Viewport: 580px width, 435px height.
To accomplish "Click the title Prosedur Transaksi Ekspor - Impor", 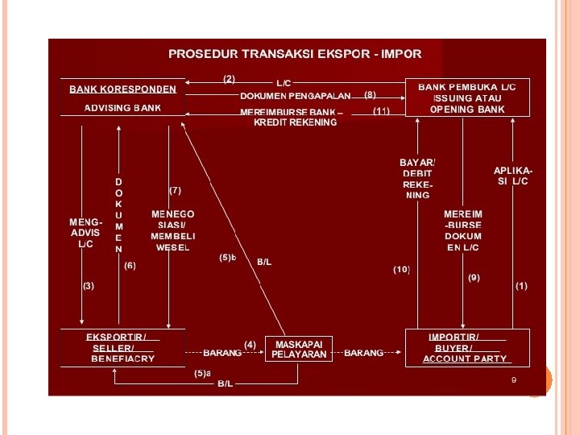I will (x=294, y=54).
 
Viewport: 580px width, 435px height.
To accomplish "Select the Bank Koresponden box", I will (x=122, y=98).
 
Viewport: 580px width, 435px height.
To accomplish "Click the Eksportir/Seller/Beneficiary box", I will (x=122, y=347).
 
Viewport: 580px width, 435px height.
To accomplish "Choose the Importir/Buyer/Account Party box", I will (x=467, y=347).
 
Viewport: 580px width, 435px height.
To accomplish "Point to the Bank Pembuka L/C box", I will (x=467, y=97).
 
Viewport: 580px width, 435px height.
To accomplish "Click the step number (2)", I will (x=230, y=79).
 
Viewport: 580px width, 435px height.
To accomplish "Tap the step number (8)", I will (x=370, y=94).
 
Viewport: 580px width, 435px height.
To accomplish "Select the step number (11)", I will (x=381, y=110).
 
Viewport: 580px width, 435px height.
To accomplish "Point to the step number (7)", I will (x=175, y=190).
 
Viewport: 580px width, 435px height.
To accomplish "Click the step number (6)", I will (x=130, y=265).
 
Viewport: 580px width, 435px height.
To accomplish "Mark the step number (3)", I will (x=88, y=286).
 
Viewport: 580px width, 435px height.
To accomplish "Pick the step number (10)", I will (x=401, y=268).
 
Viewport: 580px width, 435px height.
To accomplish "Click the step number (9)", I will (x=474, y=277).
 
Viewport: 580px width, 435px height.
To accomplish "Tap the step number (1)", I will (x=522, y=286).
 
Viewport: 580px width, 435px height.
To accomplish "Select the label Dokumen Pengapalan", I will (x=295, y=95).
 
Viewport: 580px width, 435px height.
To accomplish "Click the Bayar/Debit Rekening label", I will (x=417, y=179).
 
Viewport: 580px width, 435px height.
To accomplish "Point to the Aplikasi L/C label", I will (x=513, y=176).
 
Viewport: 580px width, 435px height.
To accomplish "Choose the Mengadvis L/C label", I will (x=86, y=232).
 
